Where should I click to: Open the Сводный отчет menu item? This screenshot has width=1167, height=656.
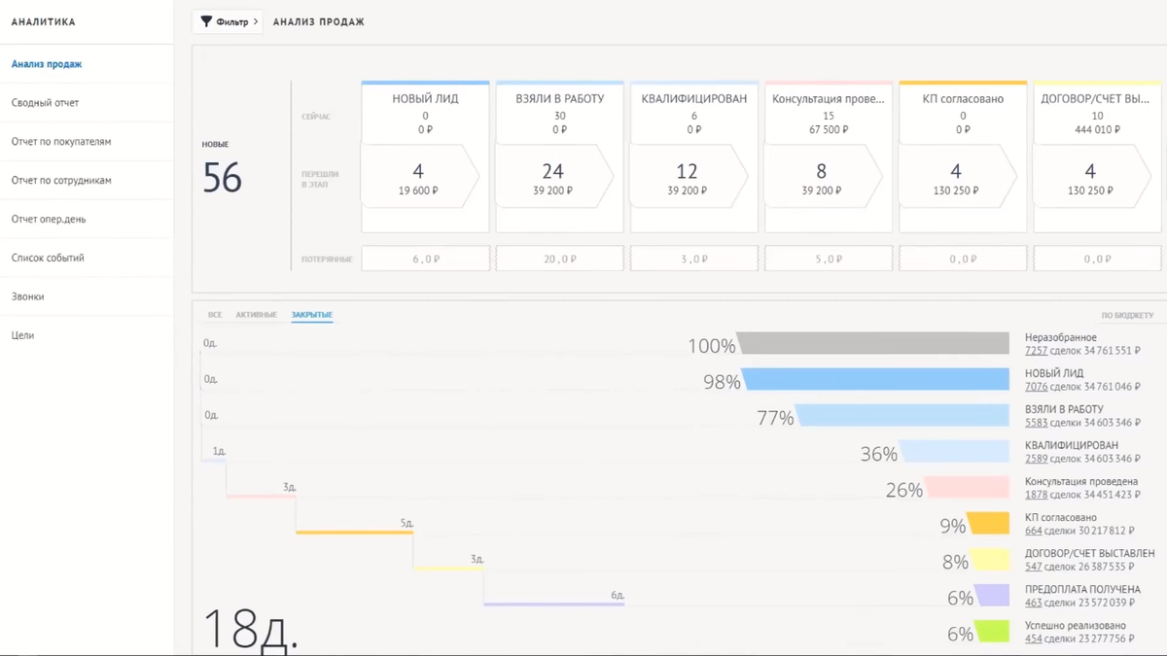(46, 103)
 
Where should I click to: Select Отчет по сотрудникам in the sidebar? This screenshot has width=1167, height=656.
(61, 181)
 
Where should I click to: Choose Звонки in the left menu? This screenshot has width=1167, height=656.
(28, 296)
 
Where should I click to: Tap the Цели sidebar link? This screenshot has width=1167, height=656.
(22, 335)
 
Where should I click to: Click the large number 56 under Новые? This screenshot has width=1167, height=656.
(222, 178)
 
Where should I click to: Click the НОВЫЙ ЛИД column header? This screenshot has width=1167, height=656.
(425, 99)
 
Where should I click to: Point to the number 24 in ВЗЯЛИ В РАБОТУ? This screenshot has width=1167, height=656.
(552, 171)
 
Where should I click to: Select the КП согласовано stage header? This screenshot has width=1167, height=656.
(963, 99)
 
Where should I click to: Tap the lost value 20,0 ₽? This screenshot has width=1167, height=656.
(559, 259)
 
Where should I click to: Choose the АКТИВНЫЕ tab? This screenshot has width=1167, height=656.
(256, 315)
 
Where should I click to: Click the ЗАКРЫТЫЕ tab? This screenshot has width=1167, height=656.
(312, 315)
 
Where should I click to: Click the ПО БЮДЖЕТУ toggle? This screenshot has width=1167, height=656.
(1127, 316)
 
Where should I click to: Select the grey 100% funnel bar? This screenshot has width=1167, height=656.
(873, 343)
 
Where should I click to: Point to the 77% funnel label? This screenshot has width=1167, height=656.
(775, 419)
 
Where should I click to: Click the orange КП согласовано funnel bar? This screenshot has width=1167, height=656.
(989, 524)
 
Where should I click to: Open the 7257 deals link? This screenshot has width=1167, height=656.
(1036, 351)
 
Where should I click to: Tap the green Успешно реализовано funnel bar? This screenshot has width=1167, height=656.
(993, 632)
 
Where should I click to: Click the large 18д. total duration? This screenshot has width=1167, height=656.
(250, 630)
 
